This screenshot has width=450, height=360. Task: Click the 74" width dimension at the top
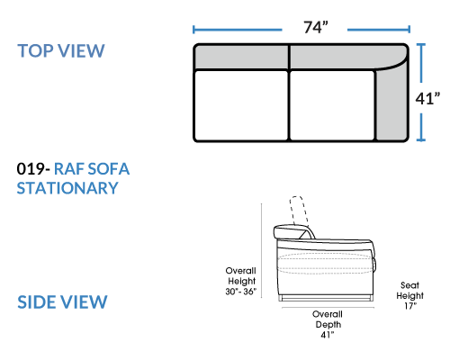[x=316, y=27]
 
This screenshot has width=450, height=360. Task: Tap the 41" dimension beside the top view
[x=427, y=98]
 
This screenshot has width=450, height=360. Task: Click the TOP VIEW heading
[x=61, y=50]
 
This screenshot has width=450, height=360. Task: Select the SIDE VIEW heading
[x=62, y=301]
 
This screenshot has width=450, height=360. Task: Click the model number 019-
[x=33, y=168]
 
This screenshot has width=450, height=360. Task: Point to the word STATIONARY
[x=67, y=188]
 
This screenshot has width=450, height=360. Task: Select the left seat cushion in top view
[x=241, y=105]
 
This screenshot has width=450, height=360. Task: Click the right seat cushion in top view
[x=332, y=105]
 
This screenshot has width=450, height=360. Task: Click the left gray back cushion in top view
[x=241, y=57]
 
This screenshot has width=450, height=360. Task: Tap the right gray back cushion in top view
[x=342, y=57]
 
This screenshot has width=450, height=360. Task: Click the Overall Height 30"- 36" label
[x=241, y=281]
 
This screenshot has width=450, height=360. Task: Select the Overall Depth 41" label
[x=328, y=324]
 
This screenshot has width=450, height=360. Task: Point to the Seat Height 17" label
[x=409, y=295]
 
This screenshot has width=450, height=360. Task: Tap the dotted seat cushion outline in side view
[x=325, y=264]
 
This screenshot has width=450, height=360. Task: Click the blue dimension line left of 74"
[x=238, y=30]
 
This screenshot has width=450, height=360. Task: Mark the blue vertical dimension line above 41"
[x=421, y=63]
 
